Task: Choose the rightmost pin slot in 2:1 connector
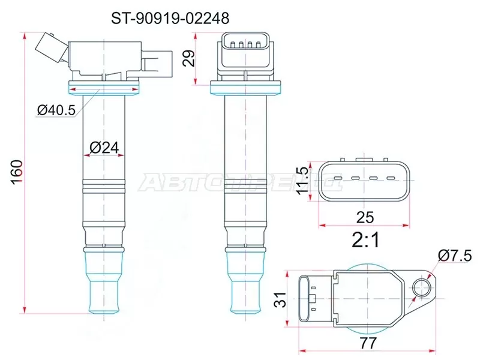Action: pyautogui.click(x=391, y=179)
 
